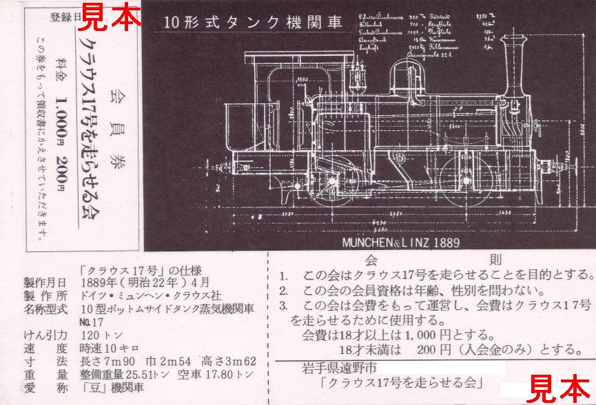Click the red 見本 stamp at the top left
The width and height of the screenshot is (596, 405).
tap(111, 14)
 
